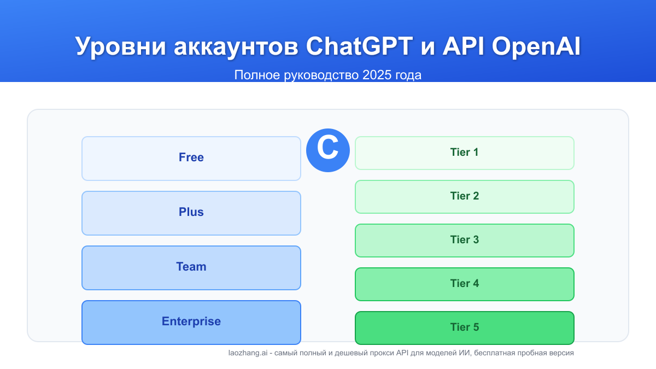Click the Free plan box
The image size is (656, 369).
(x=191, y=159)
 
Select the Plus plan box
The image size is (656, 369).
(x=191, y=213)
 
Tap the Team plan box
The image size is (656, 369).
(x=191, y=268)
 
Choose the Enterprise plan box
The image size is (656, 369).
(x=191, y=323)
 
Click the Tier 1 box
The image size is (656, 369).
(x=465, y=153)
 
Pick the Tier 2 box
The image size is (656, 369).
(x=465, y=197)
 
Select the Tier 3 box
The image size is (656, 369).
(x=465, y=241)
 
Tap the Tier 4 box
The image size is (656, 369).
(x=465, y=284)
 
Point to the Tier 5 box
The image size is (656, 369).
(x=465, y=328)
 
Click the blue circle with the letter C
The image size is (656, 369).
(x=328, y=150)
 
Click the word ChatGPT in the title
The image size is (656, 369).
(x=359, y=46)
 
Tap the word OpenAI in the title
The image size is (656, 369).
(x=536, y=47)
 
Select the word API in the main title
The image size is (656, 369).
(x=464, y=46)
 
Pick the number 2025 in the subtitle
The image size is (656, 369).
(x=377, y=75)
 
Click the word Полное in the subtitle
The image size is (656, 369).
(x=257, y=75)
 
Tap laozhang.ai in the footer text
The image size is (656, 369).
(x=248, y=353)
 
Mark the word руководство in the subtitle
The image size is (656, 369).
(x=321, y=75)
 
